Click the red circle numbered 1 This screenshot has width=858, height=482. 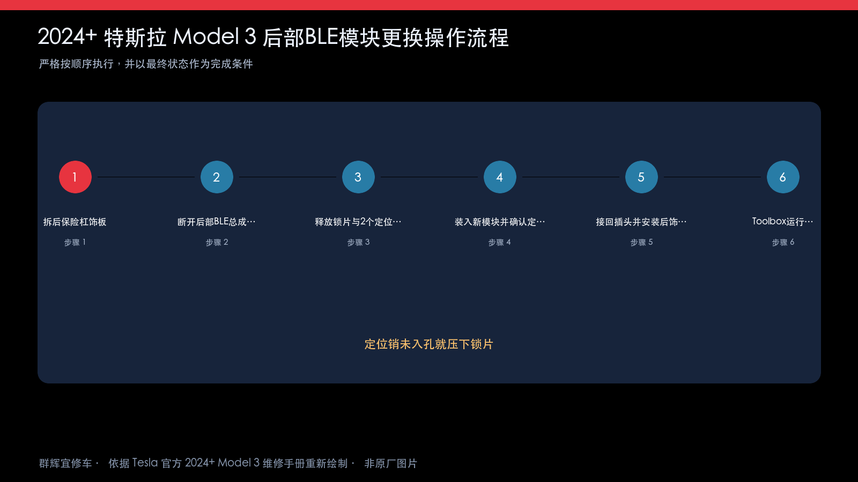click(75, 177)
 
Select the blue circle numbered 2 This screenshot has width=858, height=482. click(217, 177)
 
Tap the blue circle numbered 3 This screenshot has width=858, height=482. click(358, 177)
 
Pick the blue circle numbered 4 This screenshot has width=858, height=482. click(500, 177)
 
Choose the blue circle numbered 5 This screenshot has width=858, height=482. click(641, 177)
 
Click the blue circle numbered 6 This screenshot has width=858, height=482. click(783, 177)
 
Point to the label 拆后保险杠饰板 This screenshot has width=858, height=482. click(75, 222)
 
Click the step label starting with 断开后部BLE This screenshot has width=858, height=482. click(217, 222)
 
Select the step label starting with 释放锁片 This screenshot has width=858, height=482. click(358, 222)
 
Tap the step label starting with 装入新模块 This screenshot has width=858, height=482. click(499, 222)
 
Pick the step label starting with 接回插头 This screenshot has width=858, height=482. click(641, 222)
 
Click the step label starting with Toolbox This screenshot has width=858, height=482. click(782, 222)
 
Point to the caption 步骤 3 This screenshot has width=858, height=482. click(358, 242)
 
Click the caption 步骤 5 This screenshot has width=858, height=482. click(641, 242)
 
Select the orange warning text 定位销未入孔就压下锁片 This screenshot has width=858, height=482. click(429, 344)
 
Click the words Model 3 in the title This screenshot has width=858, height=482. click(214, 37)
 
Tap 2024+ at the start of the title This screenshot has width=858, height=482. click(67, 37)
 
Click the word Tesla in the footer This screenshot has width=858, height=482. click(145, 463)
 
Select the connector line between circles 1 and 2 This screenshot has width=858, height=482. click(146, 177)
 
